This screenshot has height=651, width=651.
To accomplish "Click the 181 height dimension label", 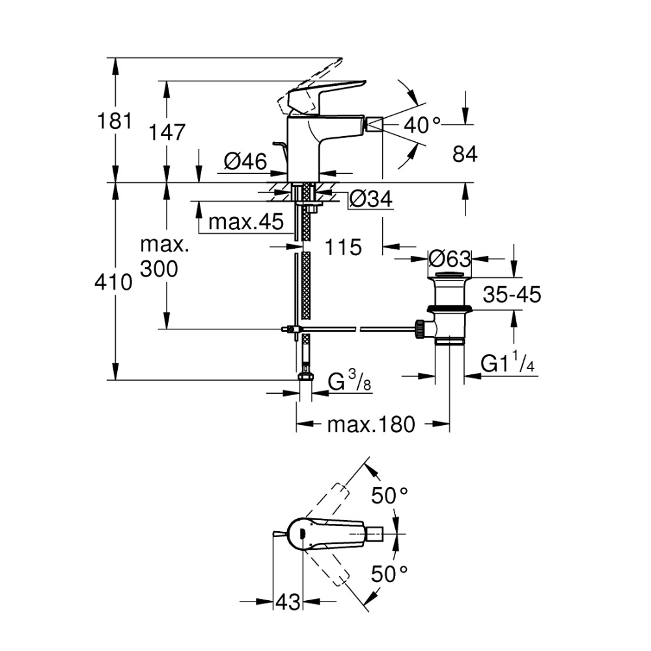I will [115, 121].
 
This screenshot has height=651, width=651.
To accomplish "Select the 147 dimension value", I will [167, 132].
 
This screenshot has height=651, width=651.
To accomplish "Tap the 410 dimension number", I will [115, 282].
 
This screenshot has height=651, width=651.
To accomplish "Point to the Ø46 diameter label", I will [245, 161].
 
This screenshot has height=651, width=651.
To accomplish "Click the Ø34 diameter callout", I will [371, 199].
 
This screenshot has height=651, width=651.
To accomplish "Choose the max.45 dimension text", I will [247, 223].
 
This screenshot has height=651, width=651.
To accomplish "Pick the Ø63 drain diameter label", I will [449, 258].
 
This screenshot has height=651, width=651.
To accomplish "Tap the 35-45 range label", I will [512, 295].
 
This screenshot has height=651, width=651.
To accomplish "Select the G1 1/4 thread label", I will [508, 364].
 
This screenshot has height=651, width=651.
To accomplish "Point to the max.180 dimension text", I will [370, 425].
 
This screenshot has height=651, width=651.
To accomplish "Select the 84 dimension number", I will [465, 154].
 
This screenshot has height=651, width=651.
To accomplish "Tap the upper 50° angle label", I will [389, 496].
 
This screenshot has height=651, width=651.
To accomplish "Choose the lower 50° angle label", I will [389, 574].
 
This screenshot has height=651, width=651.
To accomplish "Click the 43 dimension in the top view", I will [288, 602].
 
